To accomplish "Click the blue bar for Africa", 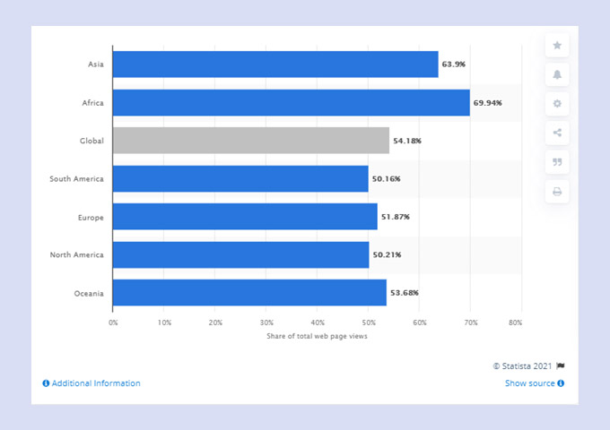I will click(292, 103).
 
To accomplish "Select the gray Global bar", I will click(251, 141).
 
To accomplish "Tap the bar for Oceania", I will click(249, 293).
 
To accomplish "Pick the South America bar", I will click(240, 179).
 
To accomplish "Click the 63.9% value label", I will click(453, 64).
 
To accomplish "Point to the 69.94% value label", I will click(487, 103).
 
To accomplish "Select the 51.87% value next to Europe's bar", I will click(396, 217).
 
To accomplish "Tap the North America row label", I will click(76, 255).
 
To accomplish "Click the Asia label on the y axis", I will click(94, 64).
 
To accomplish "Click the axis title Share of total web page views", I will click(317, 336).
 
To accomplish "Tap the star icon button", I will click(557, 45).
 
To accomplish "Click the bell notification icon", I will click(557, 74).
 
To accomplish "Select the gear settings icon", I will click(557, 104).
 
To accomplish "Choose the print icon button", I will click(557, 192).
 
